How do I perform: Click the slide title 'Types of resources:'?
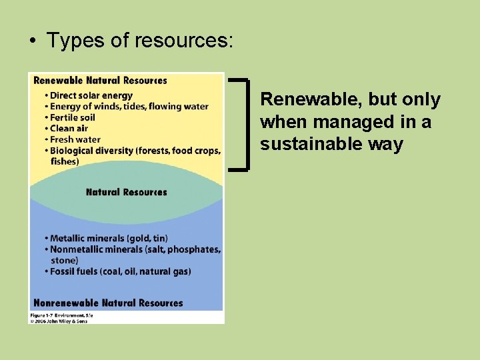pyautogui.click(x=139, y=41)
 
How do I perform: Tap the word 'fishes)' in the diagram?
pyautogui.click(x=65, y=161)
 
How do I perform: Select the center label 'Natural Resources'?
pyautogui.click(x=127, y=192)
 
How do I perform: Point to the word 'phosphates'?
pyautogui.click(x=193, y=249)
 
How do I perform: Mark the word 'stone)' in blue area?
pyautogui.click(x=65, y=260)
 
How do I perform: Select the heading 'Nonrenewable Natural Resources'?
pyautogui.click(x=108, y=303)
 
